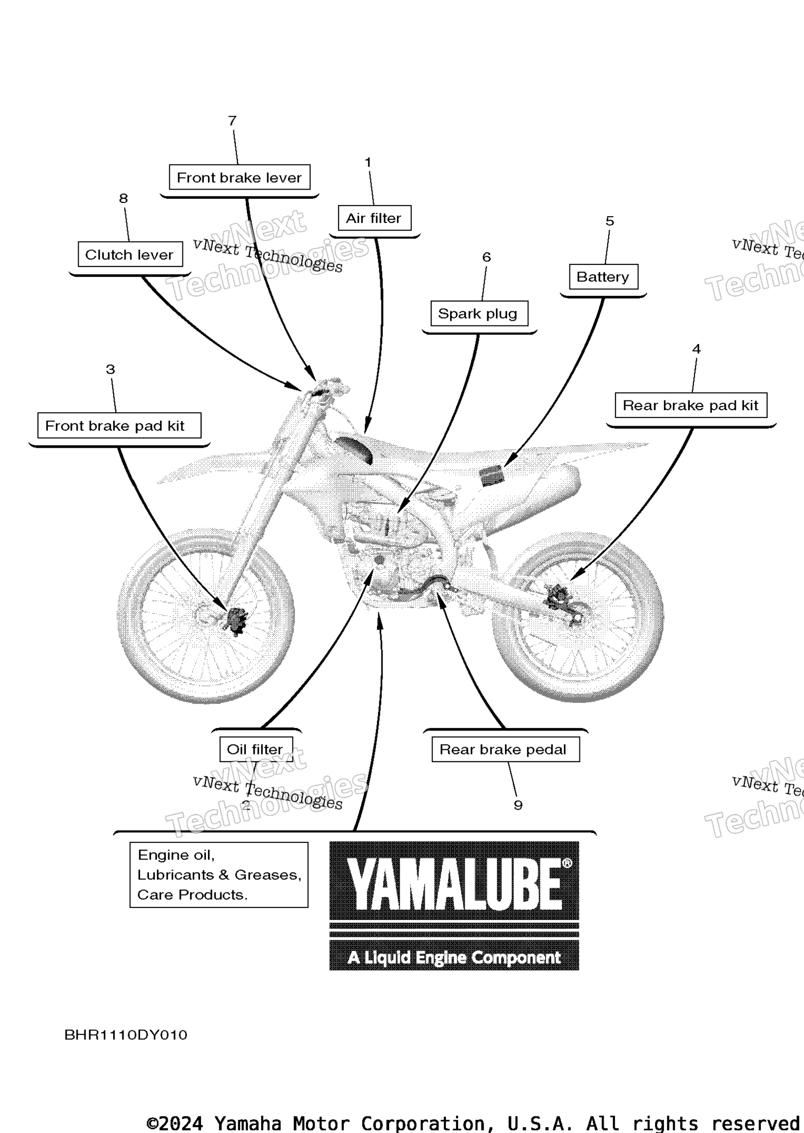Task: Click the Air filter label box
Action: point(374,218)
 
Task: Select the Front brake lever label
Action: point(239,178)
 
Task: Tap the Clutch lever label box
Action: point(129,255)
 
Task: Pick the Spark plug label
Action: point(478,313)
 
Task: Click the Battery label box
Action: point(603,277)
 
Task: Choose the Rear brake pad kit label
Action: point(690,406)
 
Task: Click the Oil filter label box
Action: point(255,749)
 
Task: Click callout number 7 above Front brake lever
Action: point(232,121)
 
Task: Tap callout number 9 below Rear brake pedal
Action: point(518,805)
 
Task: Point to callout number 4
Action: point(696,349)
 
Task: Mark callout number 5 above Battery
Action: point(610,221)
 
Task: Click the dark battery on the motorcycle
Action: point(492,476)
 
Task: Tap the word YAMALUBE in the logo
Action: point(454,884)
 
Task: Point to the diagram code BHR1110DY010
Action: point(126,1035)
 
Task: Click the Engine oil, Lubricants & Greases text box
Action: point(219,875)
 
